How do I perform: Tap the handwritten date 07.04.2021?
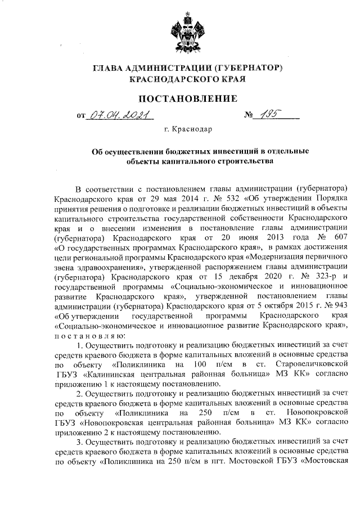(x=119, y=117)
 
